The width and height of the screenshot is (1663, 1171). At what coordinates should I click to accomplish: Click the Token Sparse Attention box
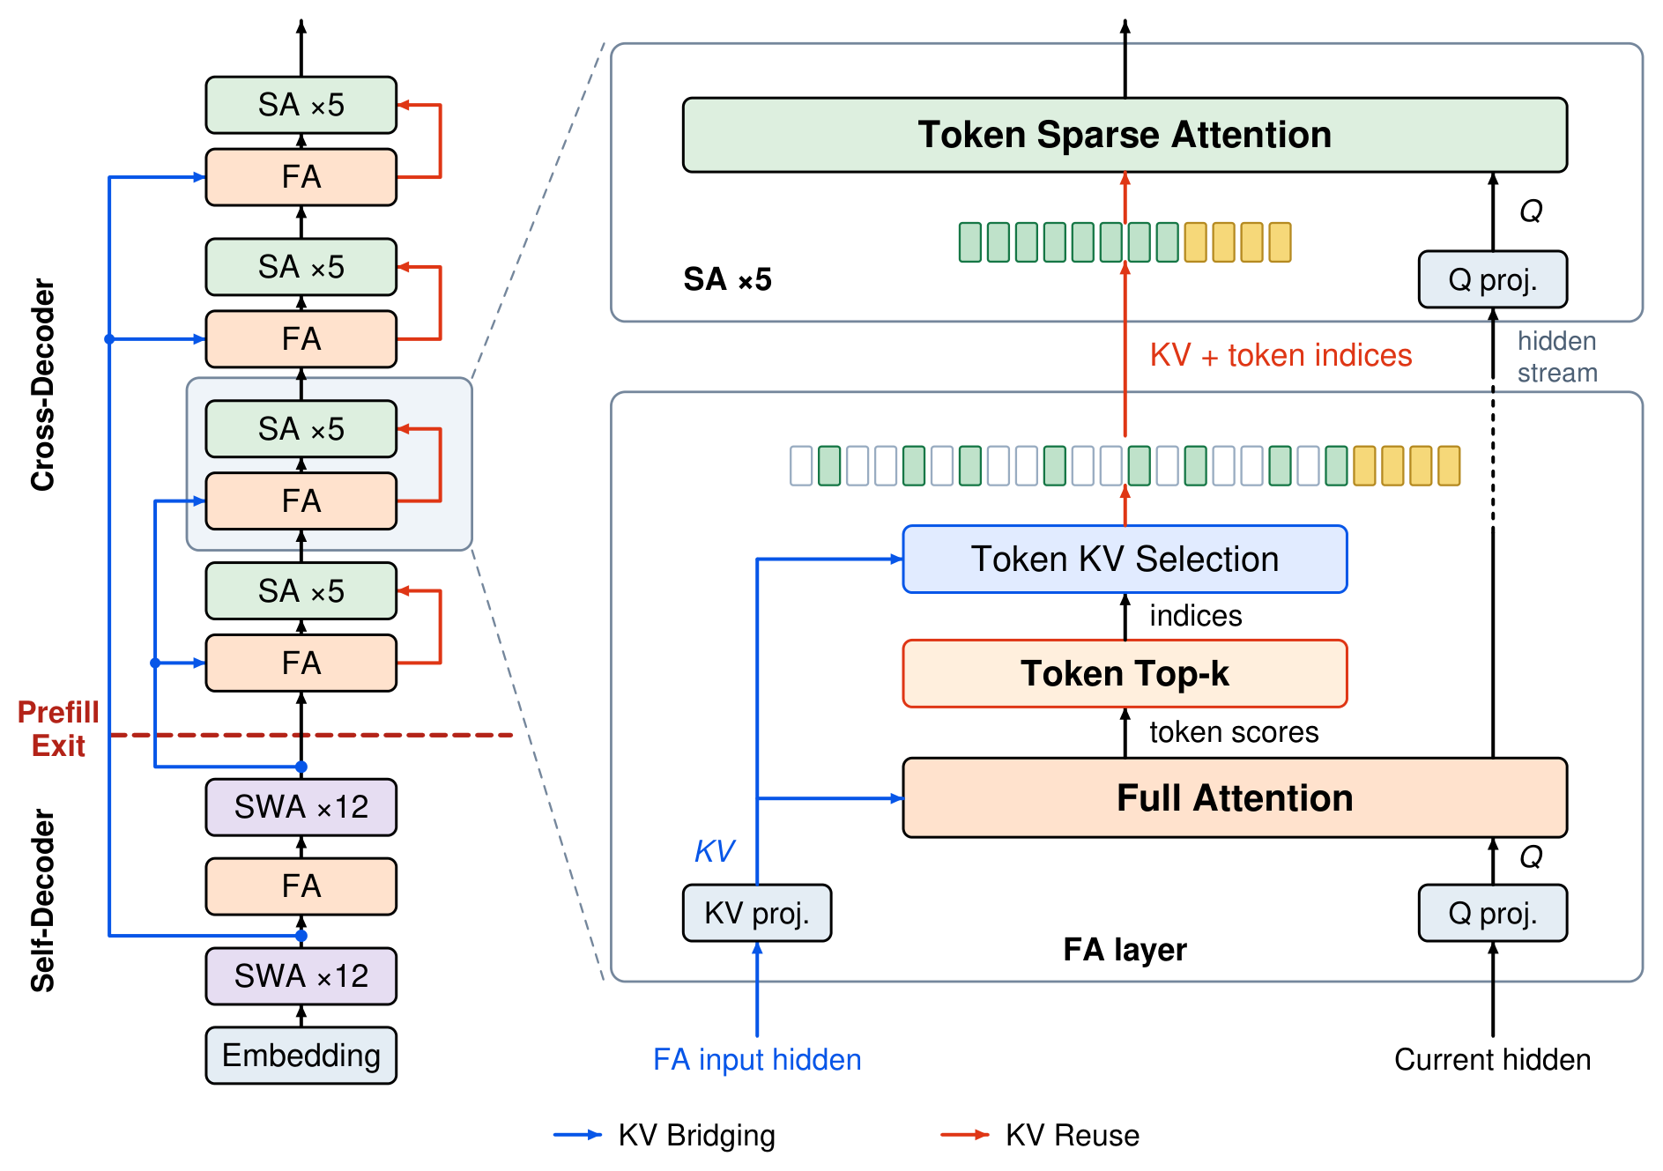(x=1125, y=135)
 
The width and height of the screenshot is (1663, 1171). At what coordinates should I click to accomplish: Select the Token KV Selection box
(x=1125, y=560)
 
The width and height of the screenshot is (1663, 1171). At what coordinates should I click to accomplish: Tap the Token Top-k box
(x=1125, y=674)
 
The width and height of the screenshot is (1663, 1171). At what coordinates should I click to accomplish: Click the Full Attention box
(x=1235, y=797)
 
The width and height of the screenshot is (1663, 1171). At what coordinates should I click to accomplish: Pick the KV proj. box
(x=757, y=913)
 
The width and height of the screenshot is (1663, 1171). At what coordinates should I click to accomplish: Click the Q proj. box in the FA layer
(x=1493, y=913)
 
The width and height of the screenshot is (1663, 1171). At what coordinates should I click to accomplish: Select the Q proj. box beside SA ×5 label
(x=1493, y=279)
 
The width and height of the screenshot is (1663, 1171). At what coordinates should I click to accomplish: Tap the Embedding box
(x=301, y=1056)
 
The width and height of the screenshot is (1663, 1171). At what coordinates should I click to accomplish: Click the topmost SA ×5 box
(x=301, y=105)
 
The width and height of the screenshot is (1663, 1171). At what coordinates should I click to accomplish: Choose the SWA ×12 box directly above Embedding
(x=301, y=976)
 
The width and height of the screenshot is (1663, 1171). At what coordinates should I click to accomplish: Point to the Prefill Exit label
(x=58, y=729)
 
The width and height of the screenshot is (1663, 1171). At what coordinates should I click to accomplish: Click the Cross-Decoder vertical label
(x=42, y=385)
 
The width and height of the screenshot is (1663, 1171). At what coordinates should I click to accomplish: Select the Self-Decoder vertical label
(x=42, y=900)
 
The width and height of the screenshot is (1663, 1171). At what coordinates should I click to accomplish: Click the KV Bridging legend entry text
(x=696, y=1136)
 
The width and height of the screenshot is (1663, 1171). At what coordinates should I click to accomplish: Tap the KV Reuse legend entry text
(x=1072, y=1136)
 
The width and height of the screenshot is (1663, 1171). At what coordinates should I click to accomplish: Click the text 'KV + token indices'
(x=1281, y=355)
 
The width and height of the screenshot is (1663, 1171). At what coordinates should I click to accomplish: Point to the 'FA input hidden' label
(x=757, y=1059)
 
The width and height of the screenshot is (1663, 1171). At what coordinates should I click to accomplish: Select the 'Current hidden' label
(x=1493, y=1059)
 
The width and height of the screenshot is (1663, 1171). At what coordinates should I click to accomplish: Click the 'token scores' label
(x=1234, y=732)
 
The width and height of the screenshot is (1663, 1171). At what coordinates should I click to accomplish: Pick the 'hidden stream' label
(x=1557, y=357)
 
